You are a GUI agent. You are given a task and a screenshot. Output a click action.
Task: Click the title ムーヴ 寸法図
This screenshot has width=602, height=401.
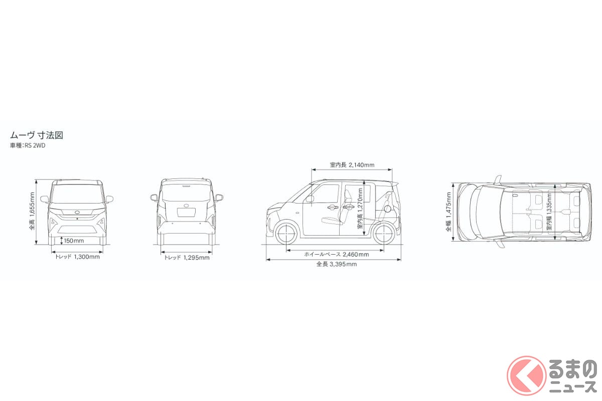[x=37, y=135]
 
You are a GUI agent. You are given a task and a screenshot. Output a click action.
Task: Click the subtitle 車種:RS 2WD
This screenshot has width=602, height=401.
[x=28, y=145]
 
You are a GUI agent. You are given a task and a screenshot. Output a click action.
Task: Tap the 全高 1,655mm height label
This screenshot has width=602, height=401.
[x=32, y=211]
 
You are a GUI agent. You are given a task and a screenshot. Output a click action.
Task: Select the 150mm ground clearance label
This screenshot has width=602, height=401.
[x=74, y=241]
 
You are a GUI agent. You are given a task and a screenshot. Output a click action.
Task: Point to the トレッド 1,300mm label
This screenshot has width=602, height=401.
[x=77, y=257]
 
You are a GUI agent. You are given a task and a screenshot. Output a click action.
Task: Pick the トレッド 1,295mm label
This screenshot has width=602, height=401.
[x=187, y=258]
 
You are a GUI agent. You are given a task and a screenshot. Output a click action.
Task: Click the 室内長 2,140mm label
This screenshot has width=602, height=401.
[x=352, y=165]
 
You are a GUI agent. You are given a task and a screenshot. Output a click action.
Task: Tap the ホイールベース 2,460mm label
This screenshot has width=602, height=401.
[x=337, y=254]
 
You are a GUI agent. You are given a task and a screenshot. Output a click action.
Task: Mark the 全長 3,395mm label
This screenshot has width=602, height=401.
[x=337, y=264]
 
